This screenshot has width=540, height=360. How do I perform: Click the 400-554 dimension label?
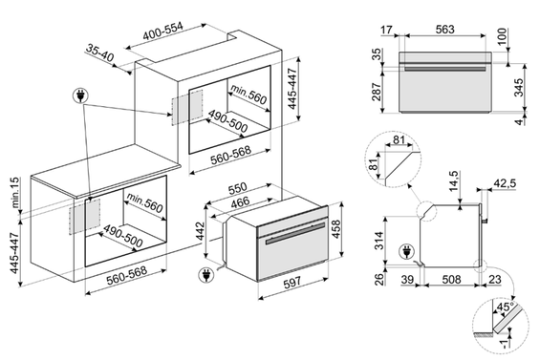[163, 32]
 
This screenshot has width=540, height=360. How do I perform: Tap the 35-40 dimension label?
[99, 53]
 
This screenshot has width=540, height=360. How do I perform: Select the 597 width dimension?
[292, 283]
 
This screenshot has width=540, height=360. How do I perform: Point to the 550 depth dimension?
[237, 188]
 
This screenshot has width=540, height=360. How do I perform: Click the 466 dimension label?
[240, 202]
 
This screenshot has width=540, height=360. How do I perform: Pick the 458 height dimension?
[335, 229]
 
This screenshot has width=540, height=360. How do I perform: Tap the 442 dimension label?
[200, 232]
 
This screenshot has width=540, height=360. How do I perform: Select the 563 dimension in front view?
[445, 30]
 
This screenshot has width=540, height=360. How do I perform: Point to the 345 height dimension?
[518, 88]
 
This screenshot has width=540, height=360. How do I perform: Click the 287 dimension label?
[377, 92]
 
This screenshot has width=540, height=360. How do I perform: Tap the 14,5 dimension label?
[453, 180]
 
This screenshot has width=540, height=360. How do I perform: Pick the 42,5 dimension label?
[505, 183]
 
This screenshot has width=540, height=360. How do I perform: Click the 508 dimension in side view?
[451, 279]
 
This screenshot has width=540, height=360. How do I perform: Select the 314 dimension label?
[378, 241]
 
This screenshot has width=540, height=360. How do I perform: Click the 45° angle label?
[506, 307]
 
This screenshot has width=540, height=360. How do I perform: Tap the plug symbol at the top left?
[80, 95]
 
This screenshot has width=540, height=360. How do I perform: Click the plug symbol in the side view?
[406, 251]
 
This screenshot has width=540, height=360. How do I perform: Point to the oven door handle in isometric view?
[295, 234]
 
